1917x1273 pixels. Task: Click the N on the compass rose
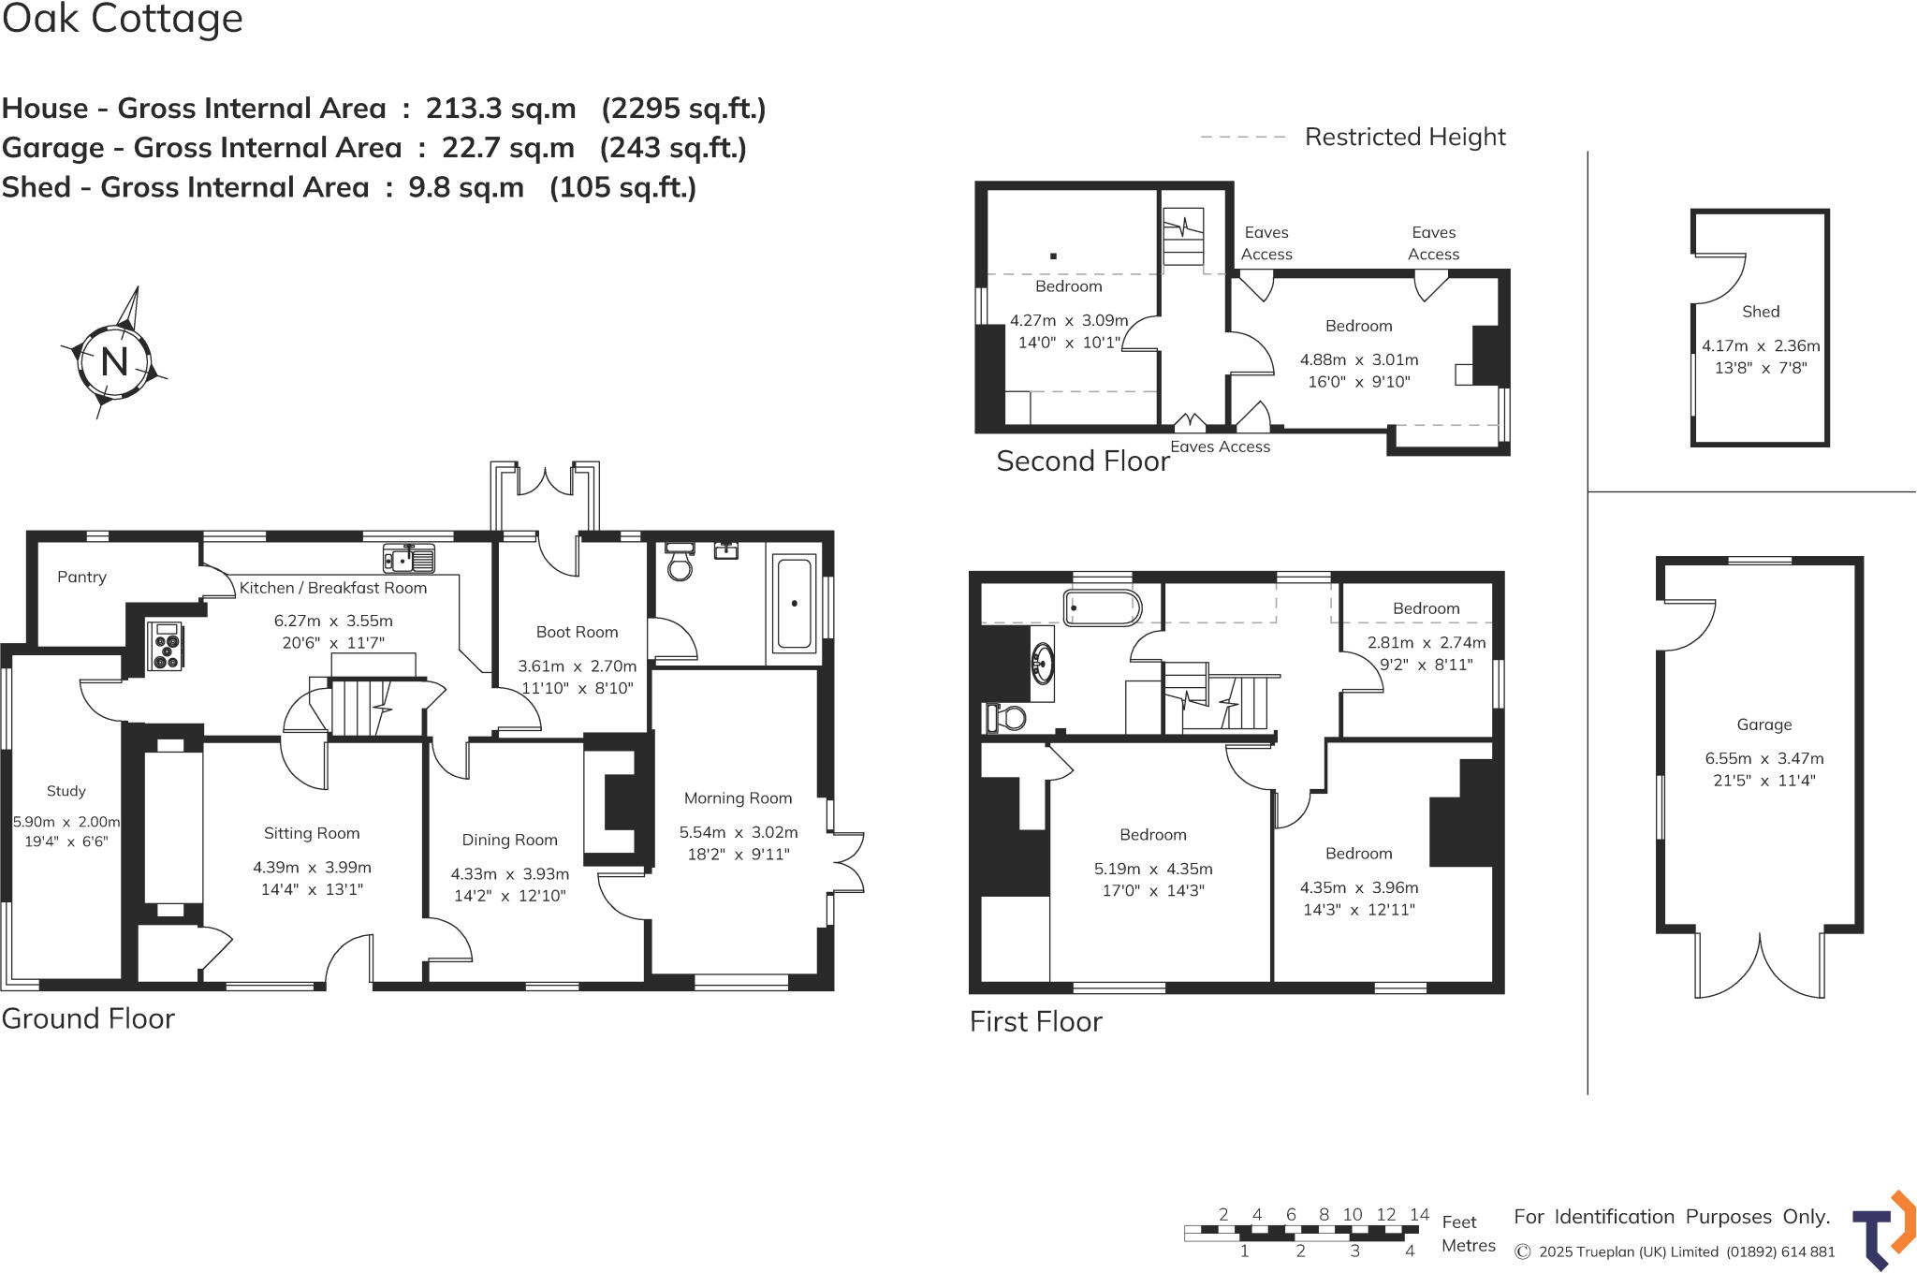pyautogui.click(x=114, y=361)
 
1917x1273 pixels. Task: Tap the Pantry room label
pyautogui.click(x=81, y=577)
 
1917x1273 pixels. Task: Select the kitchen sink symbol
pyautogui.click(x=409, y=559)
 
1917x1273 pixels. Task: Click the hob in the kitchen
pyautogui.click(x=166, y=646)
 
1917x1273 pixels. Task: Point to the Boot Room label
pyautogui.click(x=577, y=632)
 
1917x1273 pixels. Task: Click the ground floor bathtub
pyautogui.click(x=794, y=604)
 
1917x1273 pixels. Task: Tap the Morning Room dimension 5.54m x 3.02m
pyautogui.click(x=739, y=832)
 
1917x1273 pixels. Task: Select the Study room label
pyautogui.click(x=66, y=791)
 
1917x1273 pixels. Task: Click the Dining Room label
pyautogui.click(x=509, y=840)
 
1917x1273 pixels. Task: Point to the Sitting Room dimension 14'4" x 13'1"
pyautogui.click(x=312, y=889)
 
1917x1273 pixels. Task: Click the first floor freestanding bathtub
pyautogui.click(x=1103, y=607)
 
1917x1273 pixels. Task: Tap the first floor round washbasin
pyautogui.click(x=1041, y=664)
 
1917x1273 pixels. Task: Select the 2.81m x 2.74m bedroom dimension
pyautogui.click(x=1426, y=642)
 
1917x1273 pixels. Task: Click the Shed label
pyautogui.click(x=1760, y=312)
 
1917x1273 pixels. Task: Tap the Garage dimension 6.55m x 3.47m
pyautogui.click(x=1763, y=758)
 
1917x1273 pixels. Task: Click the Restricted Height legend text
pyautogui.click(x=1404, y=137)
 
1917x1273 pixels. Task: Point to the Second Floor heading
pyautogui.click(x=1082, y=461)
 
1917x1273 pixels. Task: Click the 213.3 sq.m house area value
pyautogui.click(x=501, y=109)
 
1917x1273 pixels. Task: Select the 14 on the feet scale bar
pyautogui.click(x=1419, y=1214)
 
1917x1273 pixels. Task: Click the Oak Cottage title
pyautogui.click(x=123, y=19)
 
